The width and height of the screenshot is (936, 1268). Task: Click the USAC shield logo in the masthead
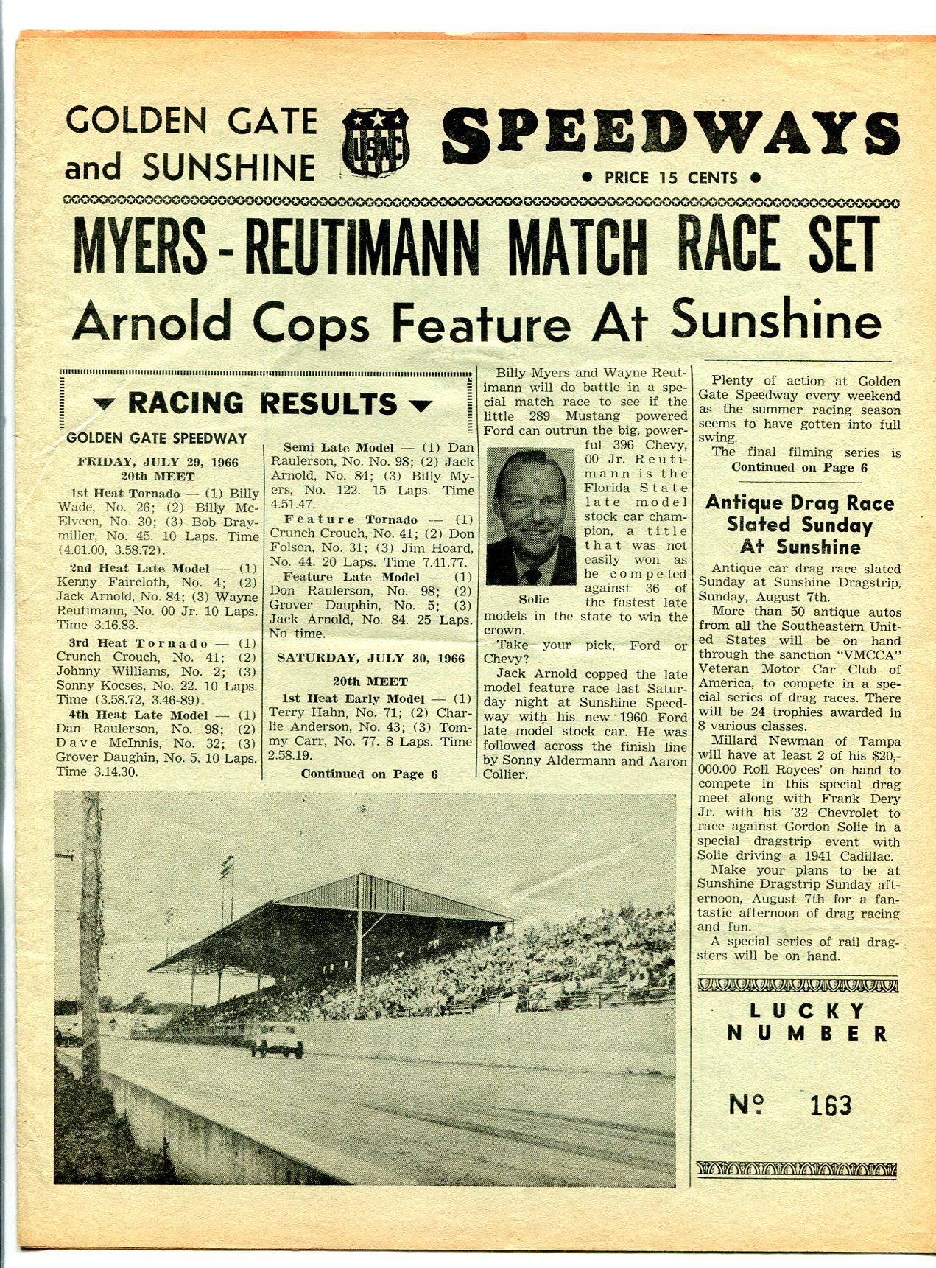(x=376, y=141)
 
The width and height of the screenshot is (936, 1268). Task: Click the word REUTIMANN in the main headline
(x=362, y=244)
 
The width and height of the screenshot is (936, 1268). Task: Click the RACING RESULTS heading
(x=262, y=404)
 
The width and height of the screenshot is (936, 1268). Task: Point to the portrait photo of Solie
(x=530, y=516)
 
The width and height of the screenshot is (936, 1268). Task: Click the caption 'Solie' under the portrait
(x=534, y=600)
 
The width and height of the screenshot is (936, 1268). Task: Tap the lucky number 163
(x=830, y=1104)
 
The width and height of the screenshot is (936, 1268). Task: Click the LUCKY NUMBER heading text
(x=807, y=1022)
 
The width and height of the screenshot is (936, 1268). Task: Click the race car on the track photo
(x=277, y=1040)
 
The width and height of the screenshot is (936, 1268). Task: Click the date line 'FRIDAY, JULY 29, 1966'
(x=158, y=462)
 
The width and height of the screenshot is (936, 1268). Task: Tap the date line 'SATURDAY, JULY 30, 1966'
(x=370, y=658)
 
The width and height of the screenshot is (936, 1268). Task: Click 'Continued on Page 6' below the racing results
(x=369, y=774)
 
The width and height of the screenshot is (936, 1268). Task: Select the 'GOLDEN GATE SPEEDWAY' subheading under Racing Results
(x=156, y=438)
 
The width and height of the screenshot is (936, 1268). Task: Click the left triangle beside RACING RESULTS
(x=107, y=404)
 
